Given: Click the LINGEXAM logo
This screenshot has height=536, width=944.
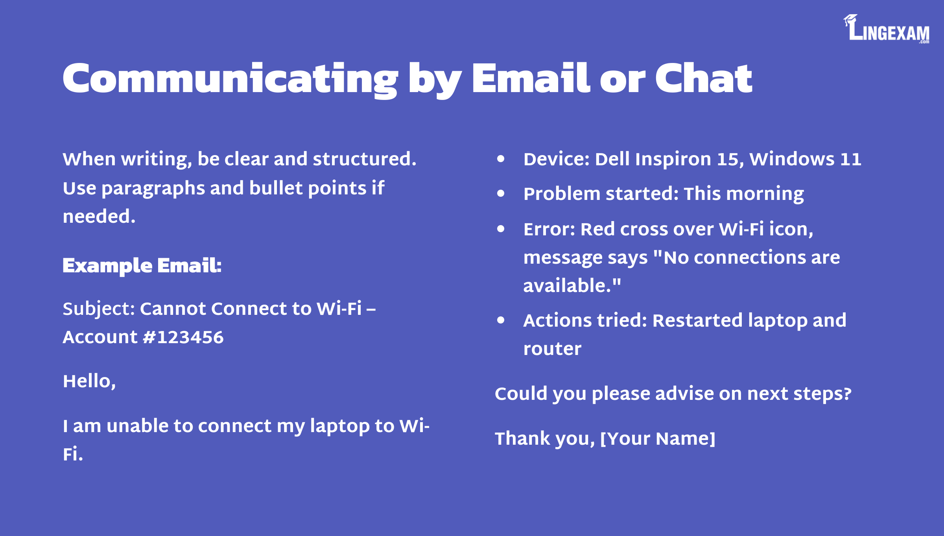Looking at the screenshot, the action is coord(886,29).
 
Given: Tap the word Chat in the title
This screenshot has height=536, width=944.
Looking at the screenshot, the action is coord(703,78).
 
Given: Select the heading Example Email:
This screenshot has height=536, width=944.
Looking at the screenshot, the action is coord(142,266).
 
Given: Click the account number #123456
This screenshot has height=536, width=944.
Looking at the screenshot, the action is coord(183,337).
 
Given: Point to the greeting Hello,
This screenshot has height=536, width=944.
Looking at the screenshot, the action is coord(89,381).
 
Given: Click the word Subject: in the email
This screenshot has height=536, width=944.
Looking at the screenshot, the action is coord(99,309).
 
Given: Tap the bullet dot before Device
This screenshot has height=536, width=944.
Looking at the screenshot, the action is coord(501,159).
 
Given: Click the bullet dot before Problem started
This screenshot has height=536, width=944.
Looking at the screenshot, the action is coord(501,193).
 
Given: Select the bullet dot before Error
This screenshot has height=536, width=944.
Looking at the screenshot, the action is coord(501,229).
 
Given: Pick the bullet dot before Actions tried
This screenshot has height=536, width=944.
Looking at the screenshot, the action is coord(501,320).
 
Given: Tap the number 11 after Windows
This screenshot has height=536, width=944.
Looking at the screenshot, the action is coord(851,159).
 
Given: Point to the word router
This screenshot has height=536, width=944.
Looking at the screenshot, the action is coord(552,349).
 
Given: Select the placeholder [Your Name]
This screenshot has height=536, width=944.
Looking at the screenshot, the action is coord(658,439).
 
